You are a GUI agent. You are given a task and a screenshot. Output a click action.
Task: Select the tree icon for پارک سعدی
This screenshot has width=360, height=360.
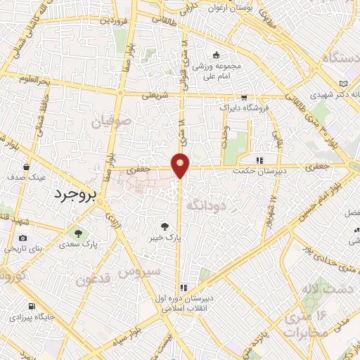pos(78,233)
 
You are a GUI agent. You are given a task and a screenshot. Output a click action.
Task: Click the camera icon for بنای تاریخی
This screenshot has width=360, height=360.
pos(23,239)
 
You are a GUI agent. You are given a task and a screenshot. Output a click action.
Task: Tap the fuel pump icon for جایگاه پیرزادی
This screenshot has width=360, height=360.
pos(32,306)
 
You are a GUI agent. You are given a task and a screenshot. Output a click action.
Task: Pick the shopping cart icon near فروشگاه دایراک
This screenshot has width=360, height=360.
pos(243,98)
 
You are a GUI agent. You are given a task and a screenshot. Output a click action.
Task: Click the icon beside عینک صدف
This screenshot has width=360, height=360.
pos(26,167)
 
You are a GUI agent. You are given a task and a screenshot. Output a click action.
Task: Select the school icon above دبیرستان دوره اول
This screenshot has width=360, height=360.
pos(184,287)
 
